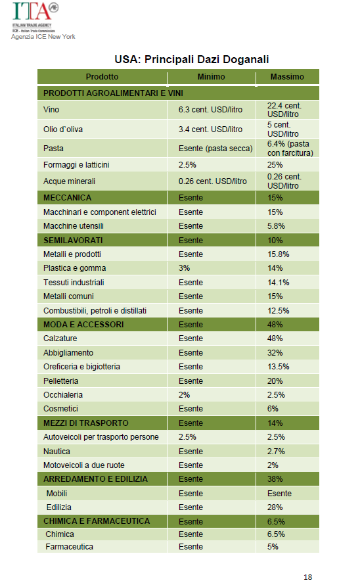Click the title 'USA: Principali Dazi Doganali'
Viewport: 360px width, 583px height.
coord(191,60)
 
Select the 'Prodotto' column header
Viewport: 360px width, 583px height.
coord(102,77)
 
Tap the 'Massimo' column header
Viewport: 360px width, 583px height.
coord(287,77)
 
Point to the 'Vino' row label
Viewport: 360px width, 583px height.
coord(51,110)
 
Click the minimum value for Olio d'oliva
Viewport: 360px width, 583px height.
coord(210,129)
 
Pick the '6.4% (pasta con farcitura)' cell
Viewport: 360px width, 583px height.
coord(290,149)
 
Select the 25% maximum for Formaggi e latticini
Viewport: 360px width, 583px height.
coord(275,165)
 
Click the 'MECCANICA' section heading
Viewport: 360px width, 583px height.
coord(67,198)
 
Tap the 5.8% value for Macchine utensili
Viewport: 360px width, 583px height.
coord(276,226)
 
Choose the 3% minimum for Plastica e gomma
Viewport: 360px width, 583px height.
coord(185,268)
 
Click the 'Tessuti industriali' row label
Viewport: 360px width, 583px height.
coord(74,283)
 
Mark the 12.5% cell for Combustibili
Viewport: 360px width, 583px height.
coord(279,311)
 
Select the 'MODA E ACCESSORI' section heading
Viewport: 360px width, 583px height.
coord(83,325)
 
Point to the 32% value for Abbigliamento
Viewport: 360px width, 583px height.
coord(275,353)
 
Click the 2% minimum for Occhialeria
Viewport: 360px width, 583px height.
coord(185,395)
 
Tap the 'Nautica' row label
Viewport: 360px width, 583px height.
coord(56,452)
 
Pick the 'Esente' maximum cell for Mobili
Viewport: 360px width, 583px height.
coord(279,494)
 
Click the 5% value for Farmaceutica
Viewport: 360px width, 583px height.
coord(273,547)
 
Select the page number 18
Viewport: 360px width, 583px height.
coord(307,577)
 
